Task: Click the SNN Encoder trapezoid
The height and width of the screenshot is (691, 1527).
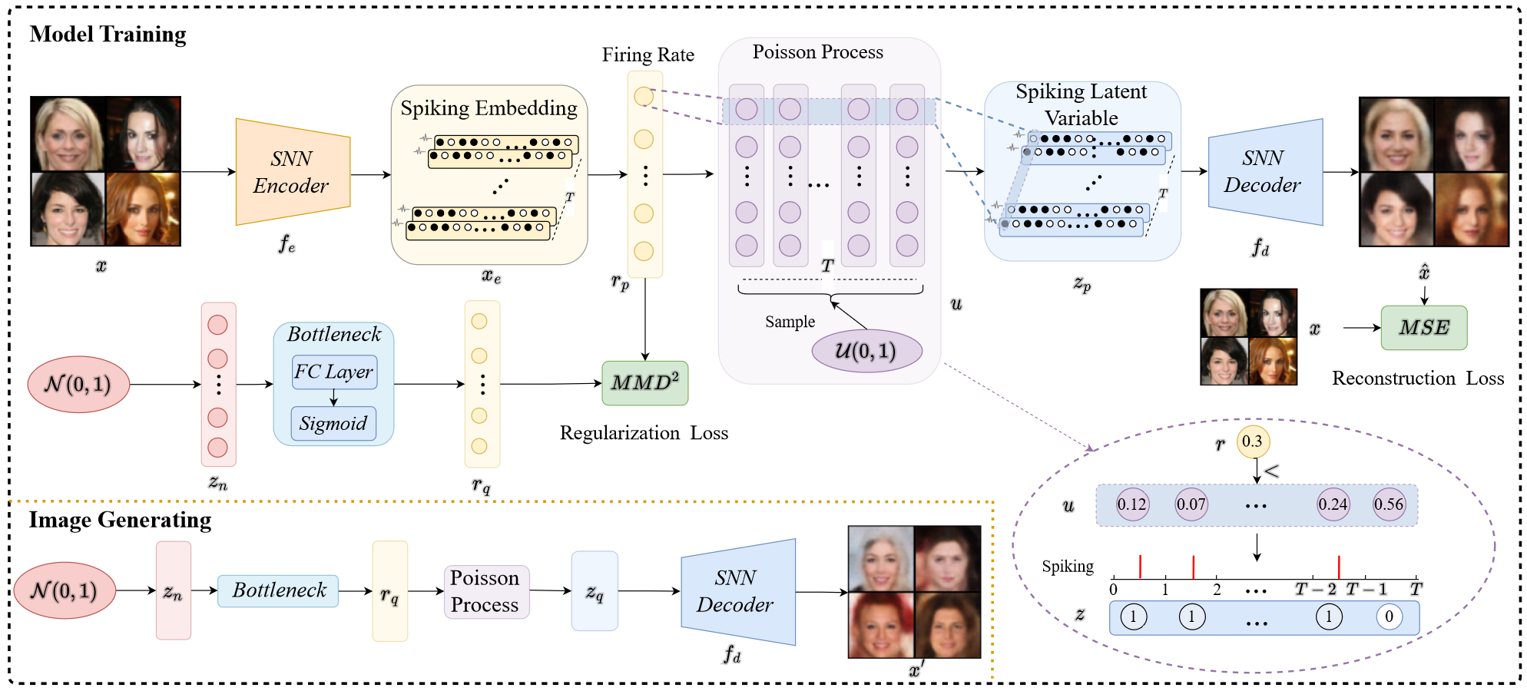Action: coord(292,172)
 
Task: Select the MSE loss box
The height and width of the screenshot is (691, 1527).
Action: coord(1424,328)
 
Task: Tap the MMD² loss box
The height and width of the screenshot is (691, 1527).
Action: coord(644,382)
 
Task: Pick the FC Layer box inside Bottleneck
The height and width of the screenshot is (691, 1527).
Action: coord(333,372)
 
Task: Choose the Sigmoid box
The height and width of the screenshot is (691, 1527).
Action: coord(333,424)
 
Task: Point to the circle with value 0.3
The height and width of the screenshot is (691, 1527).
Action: coord(1252,441)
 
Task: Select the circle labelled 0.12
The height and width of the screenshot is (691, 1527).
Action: coord(1131,504)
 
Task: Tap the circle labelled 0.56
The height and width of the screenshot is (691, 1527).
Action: coord(1389,504)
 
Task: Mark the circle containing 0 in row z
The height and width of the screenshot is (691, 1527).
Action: coord(1389,617)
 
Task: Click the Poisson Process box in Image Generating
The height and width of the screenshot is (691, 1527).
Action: coord(485,591)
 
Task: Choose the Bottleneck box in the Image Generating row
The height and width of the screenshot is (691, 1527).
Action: coord(278,590)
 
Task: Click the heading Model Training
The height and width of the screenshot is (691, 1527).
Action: coord(108,35)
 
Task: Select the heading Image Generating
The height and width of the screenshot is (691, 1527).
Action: coord(120,521)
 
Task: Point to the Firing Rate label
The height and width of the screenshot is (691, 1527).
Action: coord(648,55)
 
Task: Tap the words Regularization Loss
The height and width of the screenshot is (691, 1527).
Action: coord(644,433)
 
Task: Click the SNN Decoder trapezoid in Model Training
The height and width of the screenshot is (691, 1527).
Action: coord(1264,172)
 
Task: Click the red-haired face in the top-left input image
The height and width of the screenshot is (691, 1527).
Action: coord(143,209)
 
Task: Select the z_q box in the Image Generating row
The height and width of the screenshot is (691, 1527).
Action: coord(595,591)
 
